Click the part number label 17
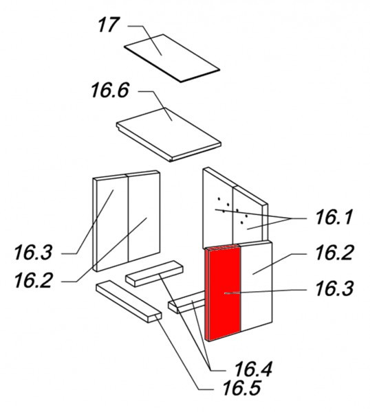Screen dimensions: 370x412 tap(109, 25)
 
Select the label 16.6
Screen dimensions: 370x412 tap(110, 90)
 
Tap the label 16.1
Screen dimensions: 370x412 tap(334, 217)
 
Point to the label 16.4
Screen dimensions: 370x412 tap(253, 369)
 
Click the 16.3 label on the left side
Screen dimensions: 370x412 tap(33, 252)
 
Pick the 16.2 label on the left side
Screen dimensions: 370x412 tap(33, 280)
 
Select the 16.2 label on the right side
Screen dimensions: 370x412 tap(334, 253)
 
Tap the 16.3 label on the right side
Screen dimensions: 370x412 tap(334, 288)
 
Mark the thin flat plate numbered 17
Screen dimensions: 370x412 tap(171, 58)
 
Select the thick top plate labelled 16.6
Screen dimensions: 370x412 tap(168, 135)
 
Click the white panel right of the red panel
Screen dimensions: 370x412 tap(256, 286)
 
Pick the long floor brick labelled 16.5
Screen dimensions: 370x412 tap(129, 301)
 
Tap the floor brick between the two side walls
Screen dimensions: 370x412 tap(155, 273)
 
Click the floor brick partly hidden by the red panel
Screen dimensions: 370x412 tap(187, 302)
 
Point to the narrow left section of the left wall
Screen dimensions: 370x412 tap(111, 222)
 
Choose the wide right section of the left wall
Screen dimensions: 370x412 tap(144, 216)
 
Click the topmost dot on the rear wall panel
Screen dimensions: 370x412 tap(219, 199)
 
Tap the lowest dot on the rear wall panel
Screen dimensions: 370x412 tap(241, 222)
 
